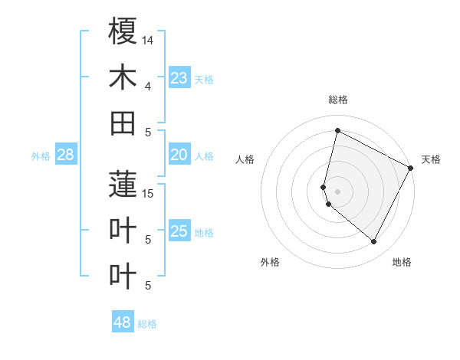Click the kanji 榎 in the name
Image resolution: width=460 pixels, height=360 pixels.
click(123, 31)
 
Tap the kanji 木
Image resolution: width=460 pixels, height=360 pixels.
click(123, 77)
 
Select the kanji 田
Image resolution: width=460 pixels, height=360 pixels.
click(123, 123)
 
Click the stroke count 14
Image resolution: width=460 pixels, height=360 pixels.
click(148, 40)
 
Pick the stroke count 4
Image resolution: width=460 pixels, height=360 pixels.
click(148, 86)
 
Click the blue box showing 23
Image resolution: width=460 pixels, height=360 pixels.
click(179, 78)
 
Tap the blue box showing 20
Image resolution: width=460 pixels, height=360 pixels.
click(179, 155)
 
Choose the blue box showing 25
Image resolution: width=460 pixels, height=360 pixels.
click(179, 231)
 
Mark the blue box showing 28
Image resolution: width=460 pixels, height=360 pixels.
click(65, 155)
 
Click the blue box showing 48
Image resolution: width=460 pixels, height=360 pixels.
click(123, 322)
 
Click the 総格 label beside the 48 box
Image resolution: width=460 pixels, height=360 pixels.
click(147, 324)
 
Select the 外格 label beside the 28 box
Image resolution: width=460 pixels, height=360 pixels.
click(41, 156)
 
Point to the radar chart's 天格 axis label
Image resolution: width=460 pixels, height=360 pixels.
click(431, 159)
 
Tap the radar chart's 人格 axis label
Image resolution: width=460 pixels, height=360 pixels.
click(245, 159)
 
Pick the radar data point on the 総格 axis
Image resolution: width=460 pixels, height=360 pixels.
click(337, 130)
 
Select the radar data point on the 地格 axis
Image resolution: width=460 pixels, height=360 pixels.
click(374, 242)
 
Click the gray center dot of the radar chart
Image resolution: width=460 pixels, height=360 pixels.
click(337, 191)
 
